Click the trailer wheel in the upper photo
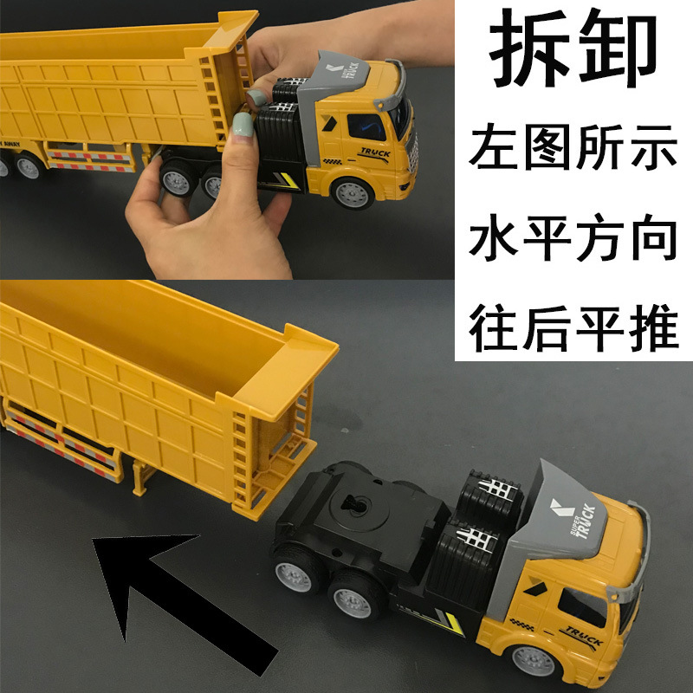(26, 165)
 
